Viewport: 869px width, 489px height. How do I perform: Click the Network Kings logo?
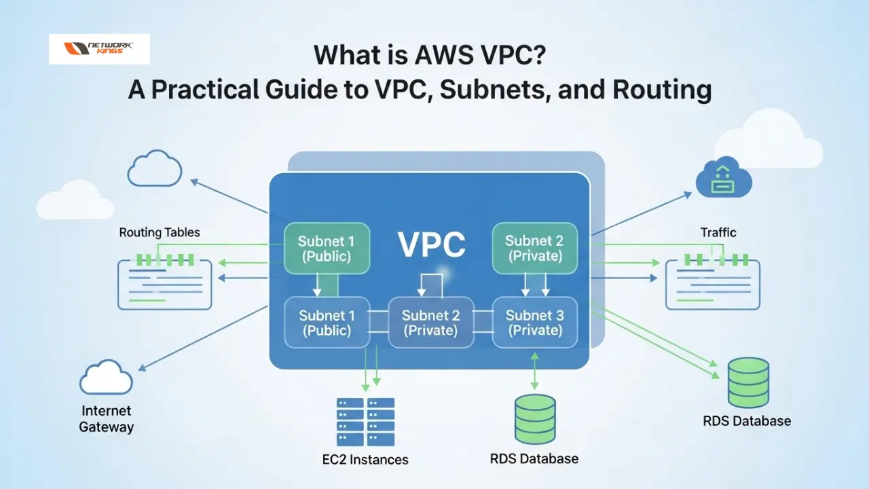(x=99, y=49)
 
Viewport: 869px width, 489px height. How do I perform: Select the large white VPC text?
(x=432, y=244)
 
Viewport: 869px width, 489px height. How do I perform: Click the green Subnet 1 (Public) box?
(x=327, y=249)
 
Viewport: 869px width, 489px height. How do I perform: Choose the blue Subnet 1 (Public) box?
(x=327, y=323)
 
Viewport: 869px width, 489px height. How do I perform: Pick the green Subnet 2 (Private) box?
(x=534, y=249)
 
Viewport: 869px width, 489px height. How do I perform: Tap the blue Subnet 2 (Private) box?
(x=430, y=323)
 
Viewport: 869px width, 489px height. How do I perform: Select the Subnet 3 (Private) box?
(x=534, y=323)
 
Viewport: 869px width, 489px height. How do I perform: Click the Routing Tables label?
(x=160, y=232)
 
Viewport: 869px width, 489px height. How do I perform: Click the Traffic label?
(x=718, y=232)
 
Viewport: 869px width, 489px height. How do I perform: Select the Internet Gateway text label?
(x=107, y=419)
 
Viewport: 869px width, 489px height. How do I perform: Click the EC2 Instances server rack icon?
(x=365, y=422)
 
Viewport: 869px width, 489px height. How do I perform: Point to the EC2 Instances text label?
(x=365, y=460)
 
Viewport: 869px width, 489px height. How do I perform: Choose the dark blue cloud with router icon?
(x=724, y=179)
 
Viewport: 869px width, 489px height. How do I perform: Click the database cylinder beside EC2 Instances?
(x=534, y=419)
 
